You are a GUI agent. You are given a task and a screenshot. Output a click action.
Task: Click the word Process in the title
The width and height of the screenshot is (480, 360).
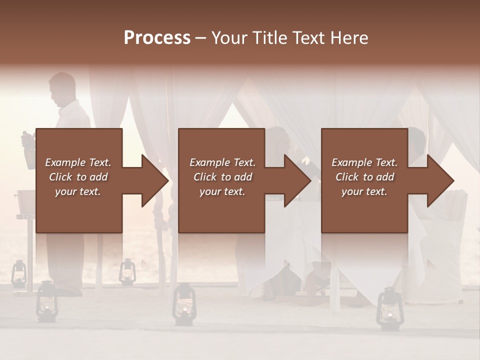157,38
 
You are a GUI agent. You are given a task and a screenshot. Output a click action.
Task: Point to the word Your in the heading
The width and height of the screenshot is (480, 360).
230,38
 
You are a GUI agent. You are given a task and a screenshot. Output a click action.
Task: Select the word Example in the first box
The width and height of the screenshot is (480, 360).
65,162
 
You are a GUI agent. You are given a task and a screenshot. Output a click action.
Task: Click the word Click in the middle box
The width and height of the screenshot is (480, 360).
205,177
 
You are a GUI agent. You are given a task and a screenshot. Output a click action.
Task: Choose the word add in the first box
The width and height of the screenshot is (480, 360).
99,177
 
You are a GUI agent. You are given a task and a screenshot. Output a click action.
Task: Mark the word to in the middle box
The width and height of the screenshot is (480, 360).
226,177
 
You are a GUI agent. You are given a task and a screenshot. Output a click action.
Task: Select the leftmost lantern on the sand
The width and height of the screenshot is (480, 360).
19,273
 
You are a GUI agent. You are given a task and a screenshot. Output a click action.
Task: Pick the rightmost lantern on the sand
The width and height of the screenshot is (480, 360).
387,307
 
